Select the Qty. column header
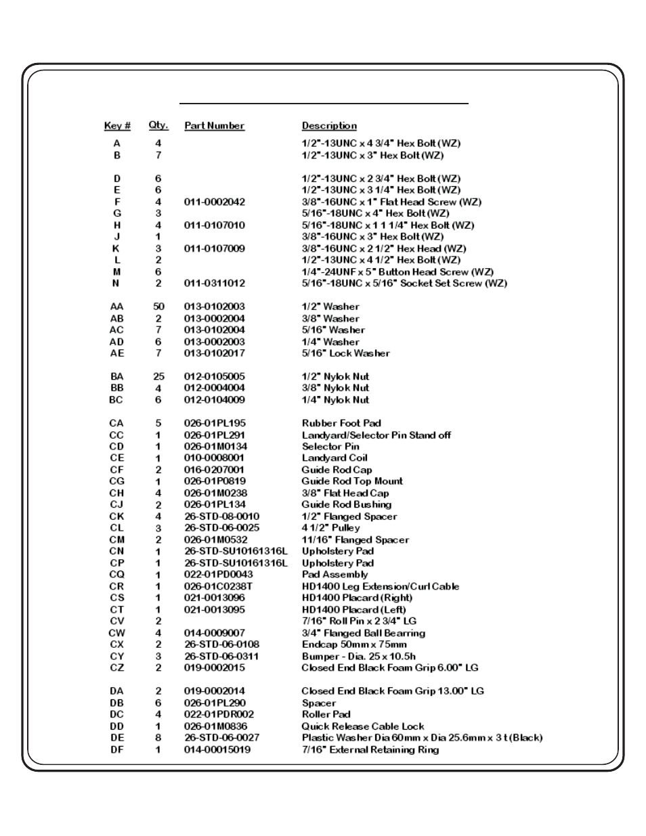pyautogui.click(x=158, y=125)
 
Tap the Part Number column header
pyautogui.click(x=214, y=126)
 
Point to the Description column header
pyautogui.click(x=329, y=126)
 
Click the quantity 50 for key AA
pyautogui.click(x=158, y=307)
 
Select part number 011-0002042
pyautogui.click(x=215, y=202)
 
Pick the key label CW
pyautogui.click(x=117, y=633)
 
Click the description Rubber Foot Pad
pyautogui.click(x=341, y=423)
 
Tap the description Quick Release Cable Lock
pyautogui.click(x=363, y=726)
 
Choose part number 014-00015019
pyautogui.click(x=217, y=749)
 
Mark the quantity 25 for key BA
pyautogui.click(x=158, y=376)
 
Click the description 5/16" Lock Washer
pyautogui.click(x=345, y=353)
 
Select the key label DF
pyautogui.click(x=117, y=749)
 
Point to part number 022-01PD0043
pyautogui.click(x=219, y=575)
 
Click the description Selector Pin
pyautogui.click(x=330, y=447)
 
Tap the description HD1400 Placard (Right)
pyautogui.click(x=357, y=598)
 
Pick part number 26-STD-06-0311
pyautogui.click(x=221, y=656)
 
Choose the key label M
pyautogui.click(x=117, y=271)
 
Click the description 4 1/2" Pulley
pyautogui.click(x=330, y=528)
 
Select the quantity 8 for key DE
pyautogui.click(x=158, y=738)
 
